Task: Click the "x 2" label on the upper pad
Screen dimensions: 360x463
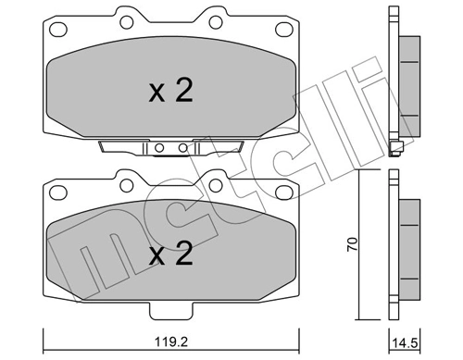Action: click(x=171, y=92)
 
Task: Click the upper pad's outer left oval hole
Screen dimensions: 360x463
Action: click(x=59, y=36)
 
